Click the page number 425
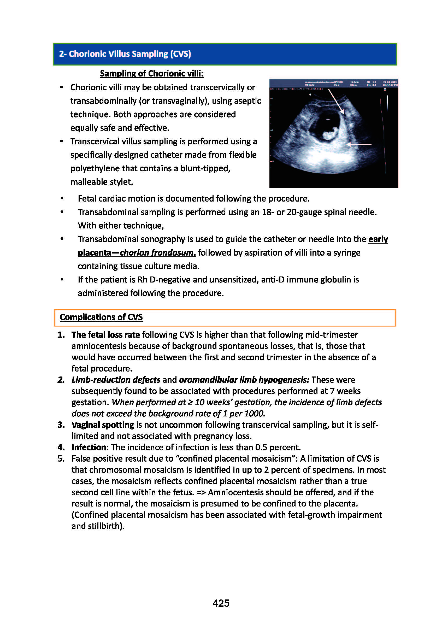(x=221, y=603)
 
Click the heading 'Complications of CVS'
(x=101, y=317)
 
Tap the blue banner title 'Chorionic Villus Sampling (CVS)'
(x=129, y=54)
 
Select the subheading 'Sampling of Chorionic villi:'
(x=152, y=73)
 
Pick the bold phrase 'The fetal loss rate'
(x=105, y=335)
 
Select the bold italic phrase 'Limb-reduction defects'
(x=116, y=380)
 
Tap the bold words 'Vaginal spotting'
(x=103, y=425)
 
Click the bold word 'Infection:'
(x=90, y=448)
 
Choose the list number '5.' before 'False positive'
(x=61, y=459)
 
